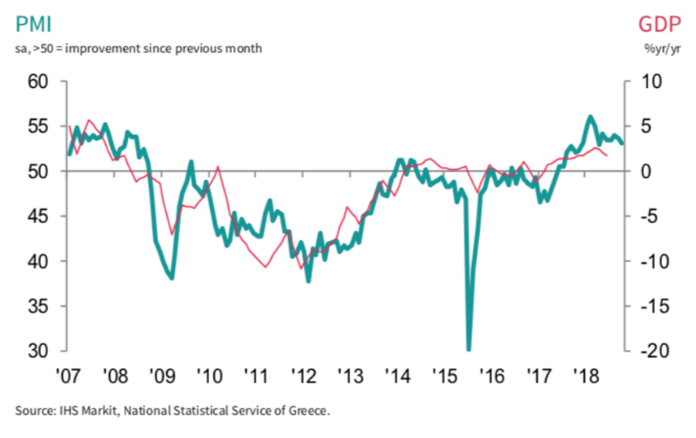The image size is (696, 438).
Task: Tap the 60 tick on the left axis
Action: pyautogui.click(x=46, y=82)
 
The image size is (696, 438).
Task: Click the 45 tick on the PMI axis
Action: pyautogui.click(x=46, y=217)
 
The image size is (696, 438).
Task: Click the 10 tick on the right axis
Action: pyautogui.click(x=649, y=82)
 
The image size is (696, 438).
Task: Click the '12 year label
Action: pyautogui.click(x=305, y=375)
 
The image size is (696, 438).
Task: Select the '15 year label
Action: pyautogui.click(x=448, y=375)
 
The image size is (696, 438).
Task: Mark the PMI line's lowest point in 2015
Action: pyautogui.click(x=470, y=349)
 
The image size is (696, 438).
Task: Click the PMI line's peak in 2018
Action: pyautogui.click(x=591, y=116)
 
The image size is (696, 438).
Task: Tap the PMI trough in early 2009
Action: pyautogui.click(x=172, y=278)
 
